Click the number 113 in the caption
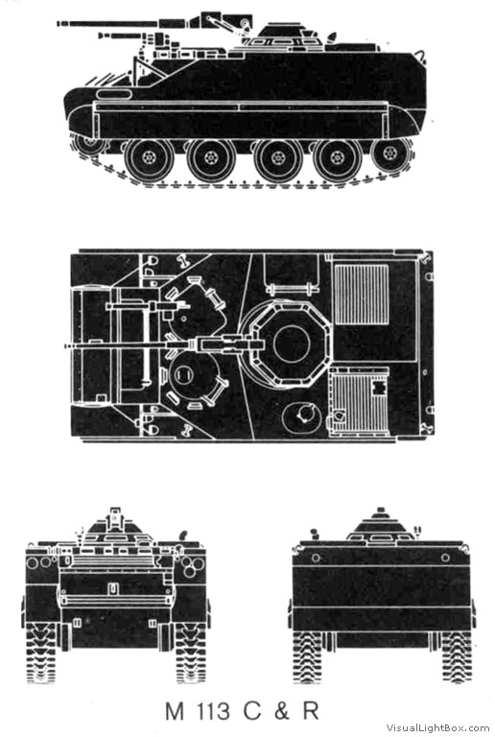click(214, 711)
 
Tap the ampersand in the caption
click(280, 711)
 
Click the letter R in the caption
click(311, 711)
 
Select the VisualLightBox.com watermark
click(437, 727)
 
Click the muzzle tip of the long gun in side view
click(59, 23)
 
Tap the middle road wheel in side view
click(277, 157)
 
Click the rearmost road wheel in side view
click(389, 154)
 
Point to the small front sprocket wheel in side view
click(89, 142)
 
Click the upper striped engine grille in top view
click(362, 295)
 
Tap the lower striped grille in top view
click(360, 402)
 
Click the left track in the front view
click(42, 653)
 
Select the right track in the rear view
click(457, 657)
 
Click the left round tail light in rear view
click(316, 558)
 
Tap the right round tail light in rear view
click(445, 558)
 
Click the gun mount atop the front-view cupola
click(115, 518)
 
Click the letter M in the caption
click(175, 711)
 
